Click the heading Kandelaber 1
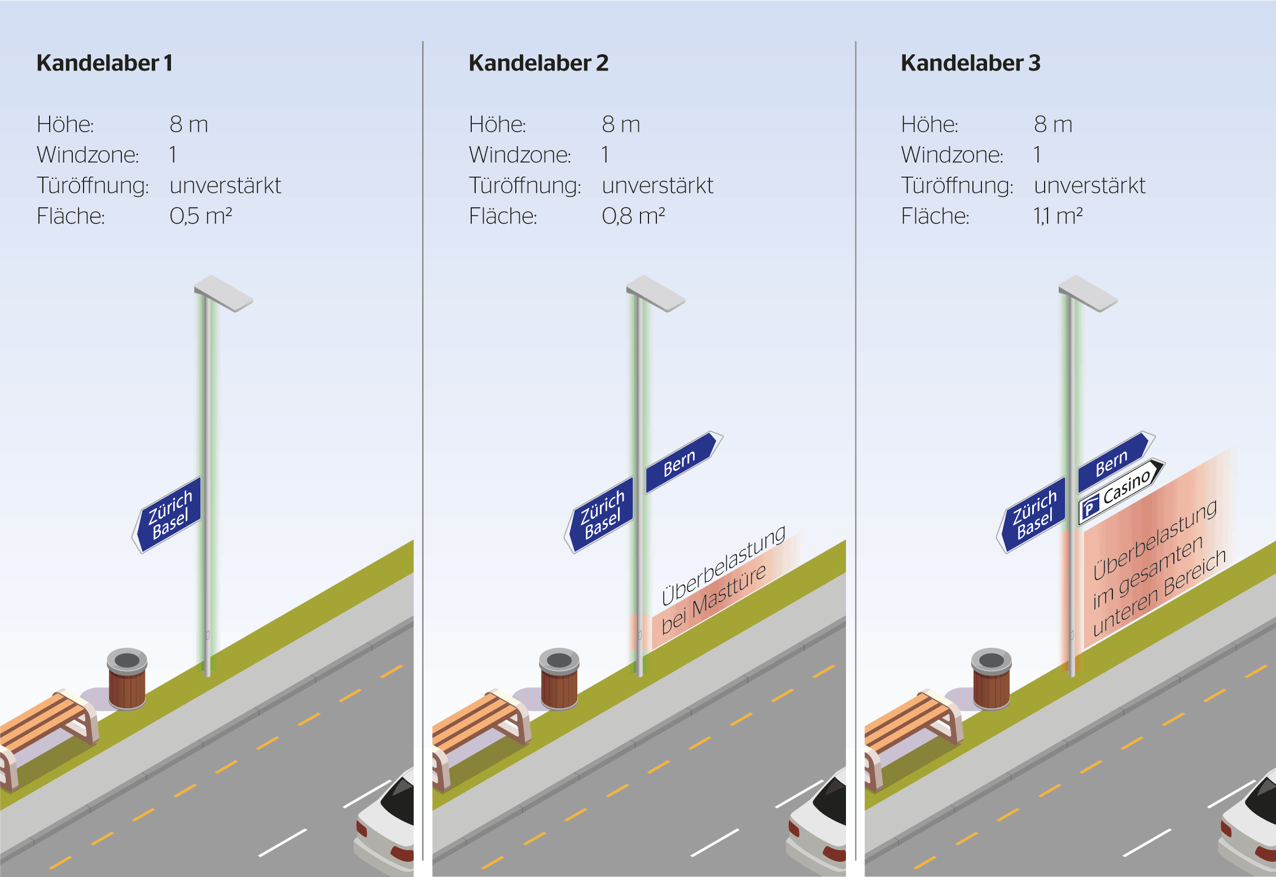click(104, 63)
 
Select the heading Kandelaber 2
click(538, 63)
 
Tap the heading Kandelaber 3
click(970, 63)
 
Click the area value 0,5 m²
click(201, 216)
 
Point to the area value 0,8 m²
click(633, 216)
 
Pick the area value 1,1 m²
click(1058, 216)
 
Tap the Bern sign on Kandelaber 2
click(684, 462)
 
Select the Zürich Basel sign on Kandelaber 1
click(168, 515)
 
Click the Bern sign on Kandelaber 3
click(1116, 462)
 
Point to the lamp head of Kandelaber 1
click(223, 293)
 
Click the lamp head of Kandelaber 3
click(1088, 293)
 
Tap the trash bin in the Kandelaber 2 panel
click(559, 678)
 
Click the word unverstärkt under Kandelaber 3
click(1089, 186)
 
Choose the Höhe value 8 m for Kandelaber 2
click(621, 124)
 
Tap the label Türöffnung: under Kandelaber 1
click(93, 186)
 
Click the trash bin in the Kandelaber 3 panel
click(992, 678)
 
